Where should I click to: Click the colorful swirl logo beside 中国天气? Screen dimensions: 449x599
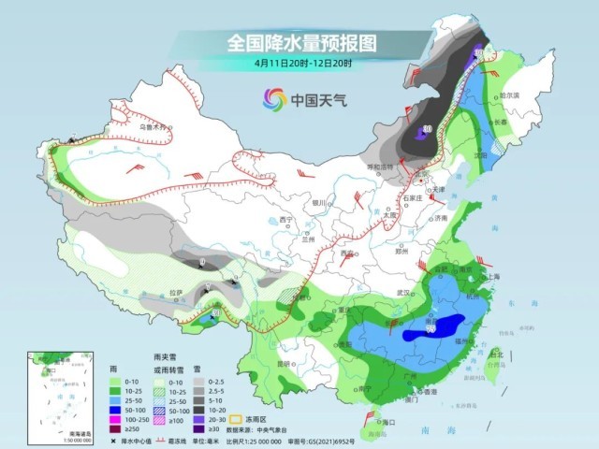(274, 98)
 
